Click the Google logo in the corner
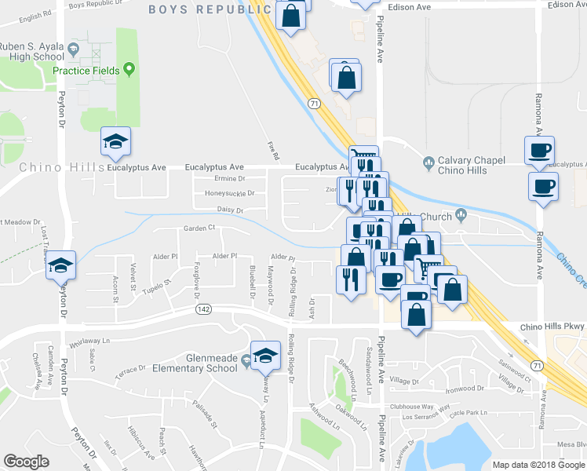pos(27,462)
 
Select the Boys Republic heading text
pos(209,9)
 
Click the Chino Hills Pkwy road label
pos(553,327)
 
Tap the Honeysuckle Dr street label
pos(229,193)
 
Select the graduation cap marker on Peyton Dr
pos(60,267)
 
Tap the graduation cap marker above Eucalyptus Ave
pos(116,141)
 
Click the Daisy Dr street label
pos(230,210)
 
